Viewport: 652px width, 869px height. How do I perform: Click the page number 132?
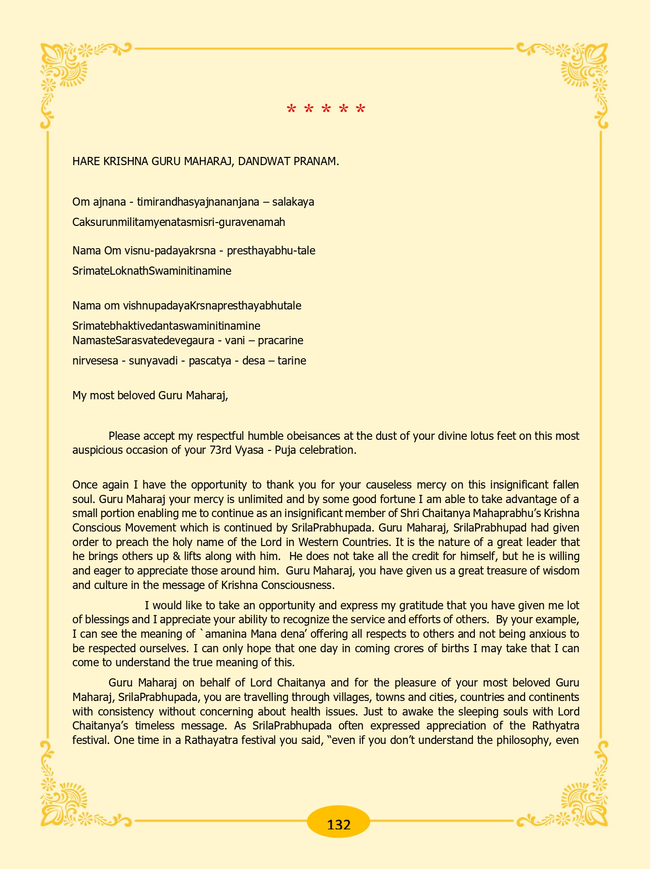[x=339, y=824]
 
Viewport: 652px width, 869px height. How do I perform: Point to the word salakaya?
[x=293, y=202]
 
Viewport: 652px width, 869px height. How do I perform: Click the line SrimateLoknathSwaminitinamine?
[x=152, y=271]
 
